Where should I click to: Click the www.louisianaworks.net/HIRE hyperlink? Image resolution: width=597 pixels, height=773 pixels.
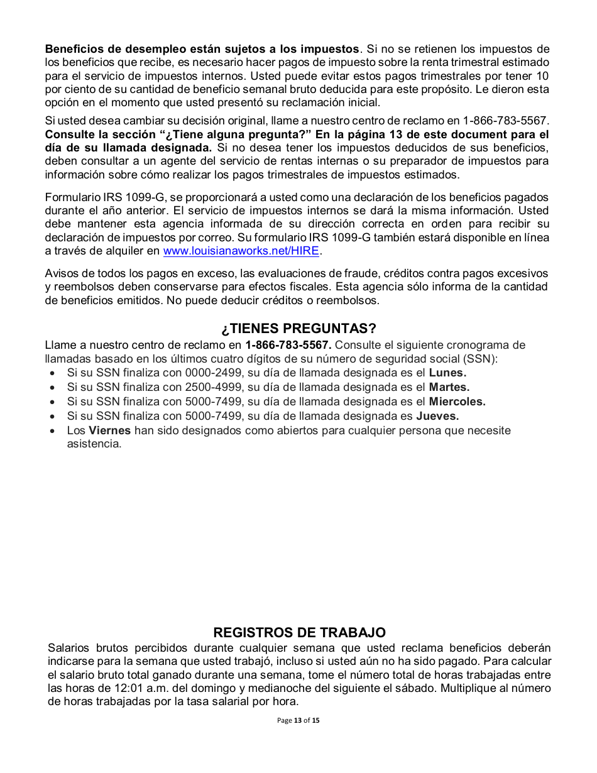point(241,251)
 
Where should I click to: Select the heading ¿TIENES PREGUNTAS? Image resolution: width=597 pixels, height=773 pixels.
point(298,329)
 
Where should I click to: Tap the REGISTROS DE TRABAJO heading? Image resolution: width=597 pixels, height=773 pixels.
point(299,632)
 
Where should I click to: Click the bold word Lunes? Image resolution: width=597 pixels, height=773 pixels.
point(447,373)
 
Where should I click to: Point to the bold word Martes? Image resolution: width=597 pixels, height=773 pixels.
point(449,387)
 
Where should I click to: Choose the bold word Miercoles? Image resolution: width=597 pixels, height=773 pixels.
point(457,402)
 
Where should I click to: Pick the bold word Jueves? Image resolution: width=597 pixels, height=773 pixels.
point(437,416)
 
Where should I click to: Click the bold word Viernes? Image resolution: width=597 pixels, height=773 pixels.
point(110,430)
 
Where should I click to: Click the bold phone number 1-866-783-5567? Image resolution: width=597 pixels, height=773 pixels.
point(288,345)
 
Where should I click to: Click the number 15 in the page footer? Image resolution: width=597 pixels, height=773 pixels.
point(315,720)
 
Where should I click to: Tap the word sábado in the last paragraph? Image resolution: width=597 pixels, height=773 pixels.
point(413,688)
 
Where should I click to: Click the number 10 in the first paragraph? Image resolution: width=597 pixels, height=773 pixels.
point(543,76)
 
